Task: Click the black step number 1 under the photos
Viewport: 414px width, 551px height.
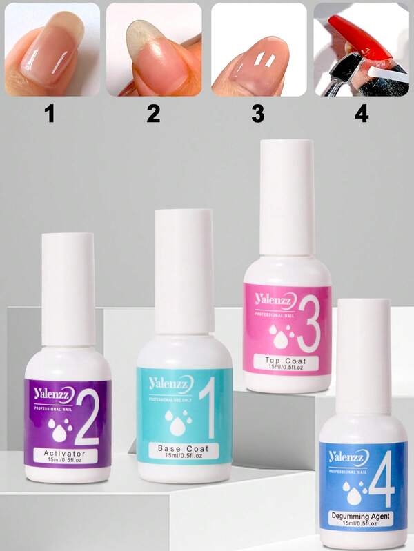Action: click(49, 114)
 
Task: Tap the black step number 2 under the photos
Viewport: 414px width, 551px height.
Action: click(153, 114)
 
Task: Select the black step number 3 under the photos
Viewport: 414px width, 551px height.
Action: click(257, 114)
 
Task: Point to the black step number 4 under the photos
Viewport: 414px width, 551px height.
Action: click(362, 114)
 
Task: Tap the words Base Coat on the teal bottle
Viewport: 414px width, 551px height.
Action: click(183, 448)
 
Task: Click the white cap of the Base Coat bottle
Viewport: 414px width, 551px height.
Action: click(184, 269)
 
